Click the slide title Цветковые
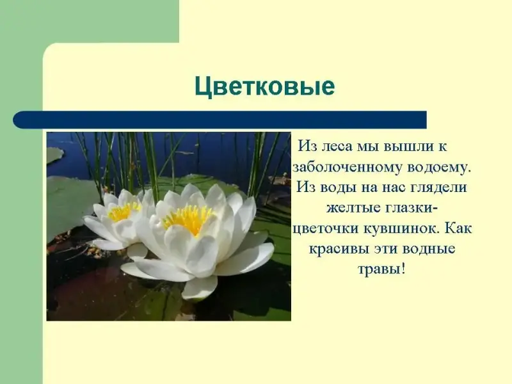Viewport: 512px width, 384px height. [265, 86]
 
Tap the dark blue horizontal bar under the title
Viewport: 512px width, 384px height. [220, 120]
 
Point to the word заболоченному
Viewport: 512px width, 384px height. [348, 167]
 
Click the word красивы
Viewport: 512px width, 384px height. [338, 249]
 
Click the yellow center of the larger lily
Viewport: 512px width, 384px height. [189, 219]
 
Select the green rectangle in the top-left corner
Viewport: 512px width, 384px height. [90, 21]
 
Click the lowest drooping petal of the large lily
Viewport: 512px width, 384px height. [199, 288]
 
